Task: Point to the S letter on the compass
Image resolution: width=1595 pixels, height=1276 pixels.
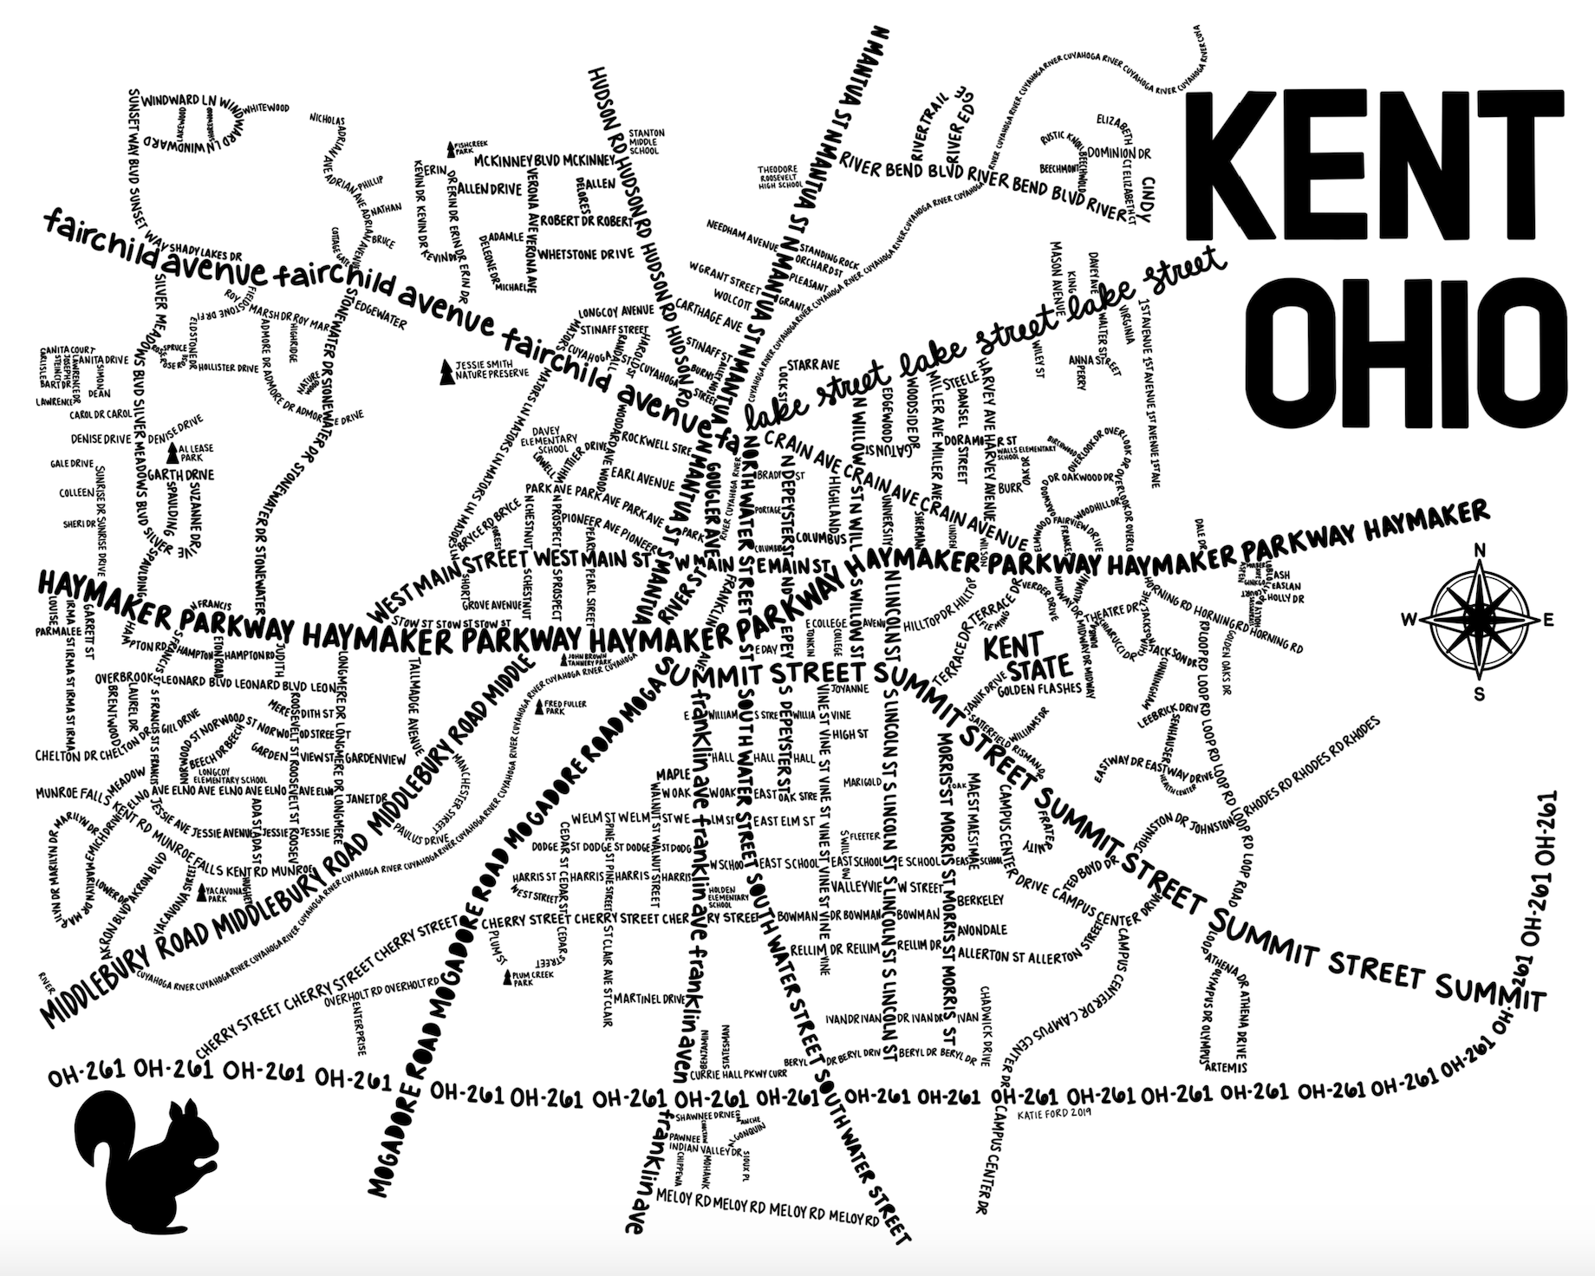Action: click(1480, 693)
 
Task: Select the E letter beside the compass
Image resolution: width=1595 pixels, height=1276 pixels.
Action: click(1549, 620)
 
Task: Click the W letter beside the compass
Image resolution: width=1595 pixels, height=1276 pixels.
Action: click(1409, 619)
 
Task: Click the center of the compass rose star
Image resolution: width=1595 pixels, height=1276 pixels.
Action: click(1480, 621)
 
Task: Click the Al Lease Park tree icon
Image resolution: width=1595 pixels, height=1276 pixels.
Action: click(172, 452)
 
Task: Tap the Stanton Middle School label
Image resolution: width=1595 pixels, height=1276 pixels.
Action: click(646, 142)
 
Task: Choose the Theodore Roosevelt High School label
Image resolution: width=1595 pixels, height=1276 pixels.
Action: click(780, 177)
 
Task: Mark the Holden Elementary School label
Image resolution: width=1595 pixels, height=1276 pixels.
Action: click(728, 895)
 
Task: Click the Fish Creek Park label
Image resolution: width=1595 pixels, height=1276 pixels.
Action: click(464, 149)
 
